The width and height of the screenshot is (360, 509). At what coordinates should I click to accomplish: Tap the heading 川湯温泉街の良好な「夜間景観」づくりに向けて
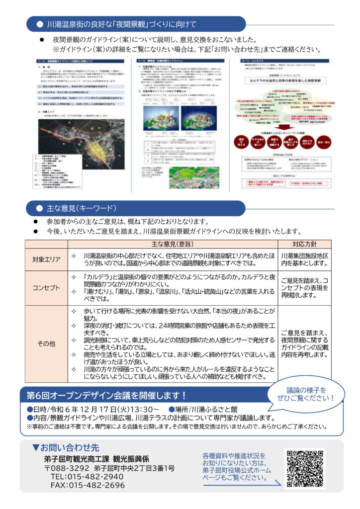point(121,24)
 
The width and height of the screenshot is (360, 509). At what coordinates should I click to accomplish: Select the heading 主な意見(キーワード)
point(82,208)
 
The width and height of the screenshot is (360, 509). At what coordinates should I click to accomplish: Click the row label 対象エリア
point(46,259)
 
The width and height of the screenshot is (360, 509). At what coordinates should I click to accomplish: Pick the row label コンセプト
point(46,287)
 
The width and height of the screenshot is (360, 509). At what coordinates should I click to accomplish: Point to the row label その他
point(46,343)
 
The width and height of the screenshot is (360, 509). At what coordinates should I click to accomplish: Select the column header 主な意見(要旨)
point(172,244)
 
